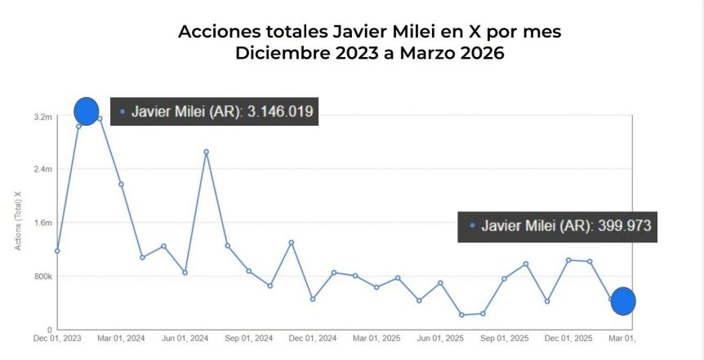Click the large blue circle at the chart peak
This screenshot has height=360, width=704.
[86, 110]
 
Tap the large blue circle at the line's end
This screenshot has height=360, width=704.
[623, 301]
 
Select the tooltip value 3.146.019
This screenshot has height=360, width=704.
[277, 112]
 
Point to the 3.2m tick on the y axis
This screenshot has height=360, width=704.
[43, 117]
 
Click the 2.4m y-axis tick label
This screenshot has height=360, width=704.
[43, 170]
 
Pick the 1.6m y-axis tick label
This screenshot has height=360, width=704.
[43, 223]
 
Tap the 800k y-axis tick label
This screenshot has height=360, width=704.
[42, 277]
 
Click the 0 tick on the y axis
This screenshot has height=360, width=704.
[50, 330]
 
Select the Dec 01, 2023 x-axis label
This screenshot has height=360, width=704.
[56, 338]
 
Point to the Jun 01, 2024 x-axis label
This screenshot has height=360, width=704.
[185, 338]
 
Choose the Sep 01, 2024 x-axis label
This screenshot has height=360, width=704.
[248, 338]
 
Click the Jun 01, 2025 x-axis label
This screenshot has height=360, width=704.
[440, 338]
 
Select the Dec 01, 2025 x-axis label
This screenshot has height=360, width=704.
[568, 338]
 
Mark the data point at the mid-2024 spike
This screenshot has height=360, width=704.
[206, 152]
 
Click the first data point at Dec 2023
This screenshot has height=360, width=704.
[57, 251]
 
